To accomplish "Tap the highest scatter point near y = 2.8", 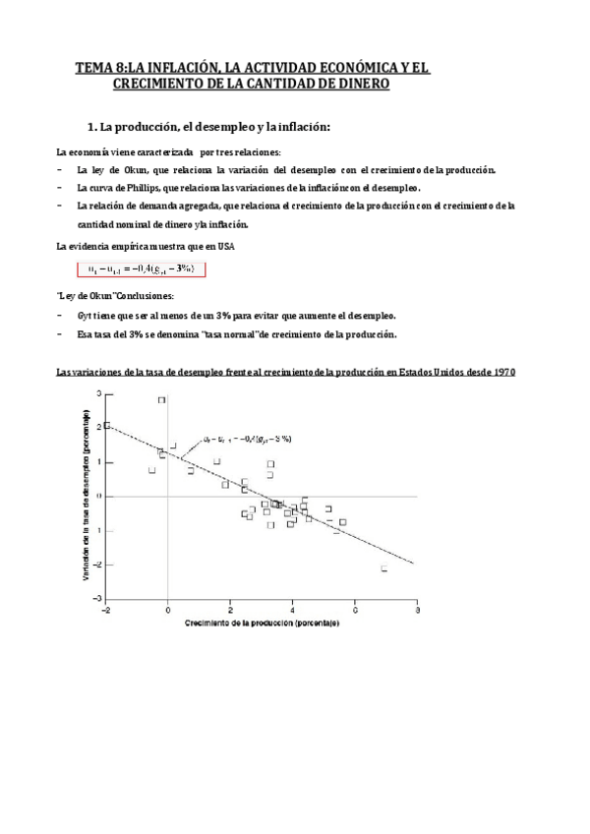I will (162, 400).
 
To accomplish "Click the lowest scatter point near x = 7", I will (384, 567).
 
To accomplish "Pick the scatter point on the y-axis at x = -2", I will (106, 426).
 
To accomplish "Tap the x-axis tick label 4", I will (293, 609).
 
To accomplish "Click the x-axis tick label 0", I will (168, 609).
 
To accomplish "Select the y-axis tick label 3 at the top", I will (98, 393).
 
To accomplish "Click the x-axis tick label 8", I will (417, 609).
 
